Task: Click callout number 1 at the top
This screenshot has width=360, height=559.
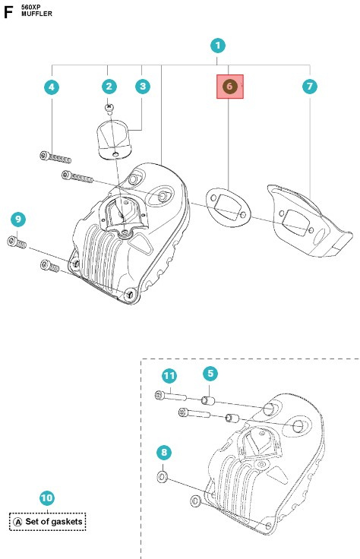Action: coord(218,46)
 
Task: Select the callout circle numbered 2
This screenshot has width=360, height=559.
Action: coord(110,87)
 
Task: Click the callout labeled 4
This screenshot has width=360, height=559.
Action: coord(52,87)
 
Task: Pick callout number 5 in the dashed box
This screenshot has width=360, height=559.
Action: coord(210,374)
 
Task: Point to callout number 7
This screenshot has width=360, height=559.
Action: coord(309,87)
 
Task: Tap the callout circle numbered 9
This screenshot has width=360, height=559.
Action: coord(18,219)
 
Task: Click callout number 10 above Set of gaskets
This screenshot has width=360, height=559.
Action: coord(47,498)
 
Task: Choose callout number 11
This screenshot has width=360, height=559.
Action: coord(169,376)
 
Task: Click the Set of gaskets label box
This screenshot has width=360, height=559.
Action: coord(48,522)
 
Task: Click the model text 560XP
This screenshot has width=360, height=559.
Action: coord(31,6)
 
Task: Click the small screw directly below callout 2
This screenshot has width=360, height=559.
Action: coord(110,107)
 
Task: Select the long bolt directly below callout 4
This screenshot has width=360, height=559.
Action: coord(55,157)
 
